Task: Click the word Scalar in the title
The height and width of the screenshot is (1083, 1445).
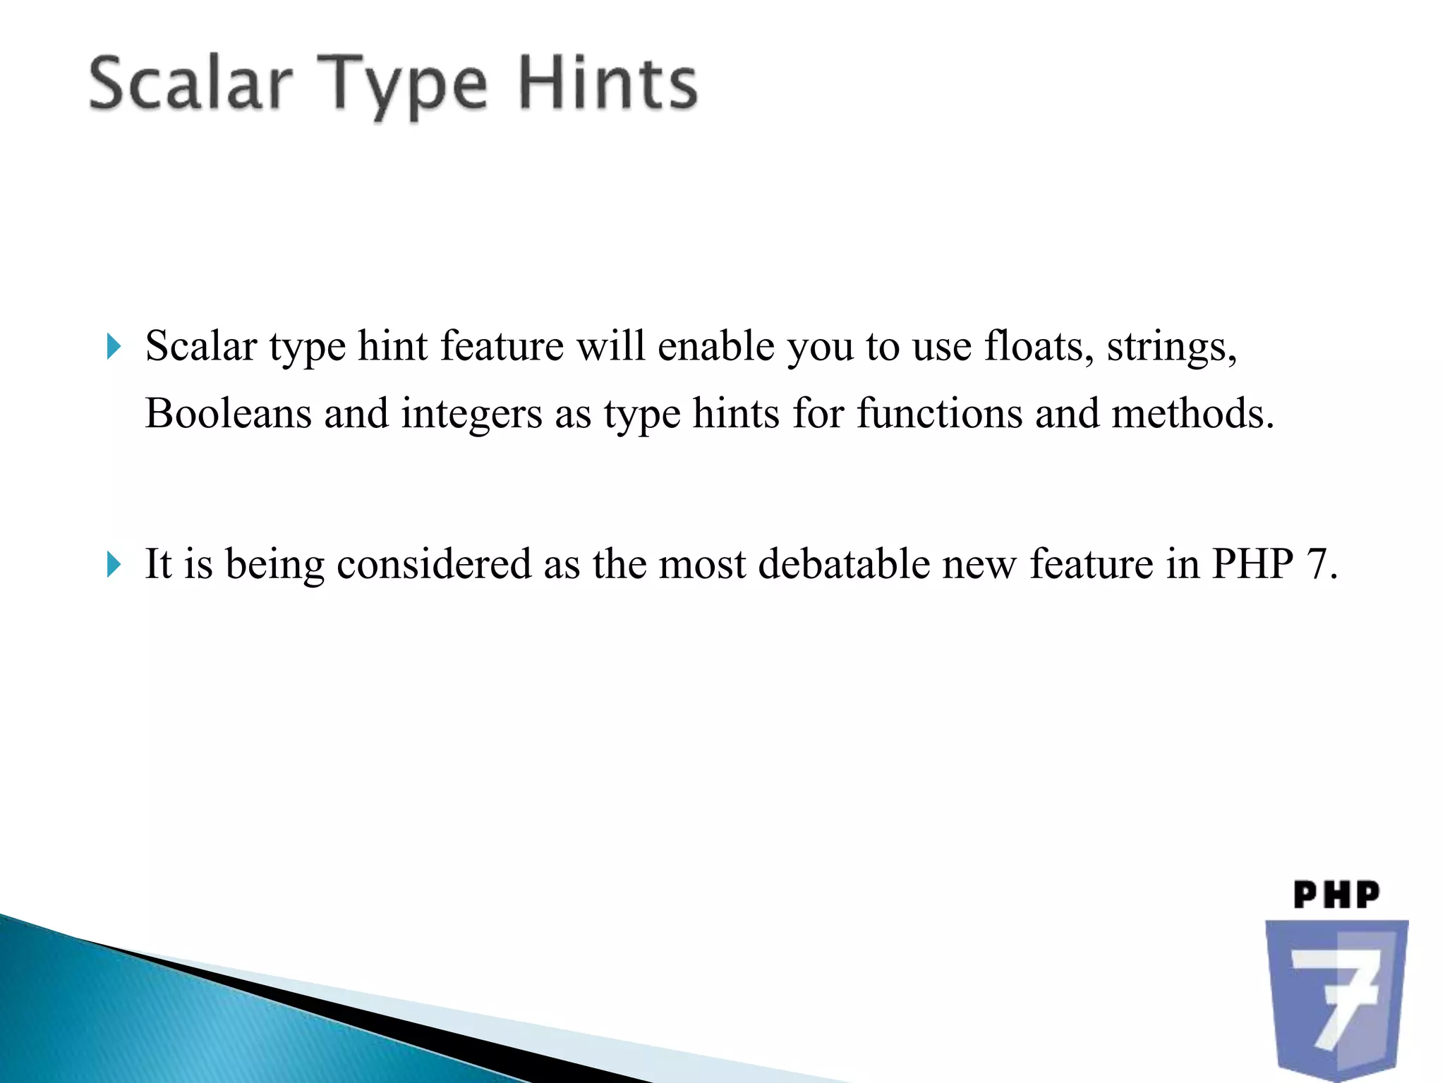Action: point(191,85)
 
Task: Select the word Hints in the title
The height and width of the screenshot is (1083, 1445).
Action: point(608,85)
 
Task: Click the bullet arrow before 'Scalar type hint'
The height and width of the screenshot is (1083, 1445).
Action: point(114,347)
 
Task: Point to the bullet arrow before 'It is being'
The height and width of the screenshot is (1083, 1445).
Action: point(114,565)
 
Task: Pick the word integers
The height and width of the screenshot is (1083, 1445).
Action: point(471,415)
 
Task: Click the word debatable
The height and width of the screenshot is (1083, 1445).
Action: point(844,564)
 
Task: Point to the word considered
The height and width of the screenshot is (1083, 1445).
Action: point(434,564)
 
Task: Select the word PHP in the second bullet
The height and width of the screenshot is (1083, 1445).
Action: point(1252,564)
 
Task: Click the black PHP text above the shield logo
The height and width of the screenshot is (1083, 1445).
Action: point(1336,895)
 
